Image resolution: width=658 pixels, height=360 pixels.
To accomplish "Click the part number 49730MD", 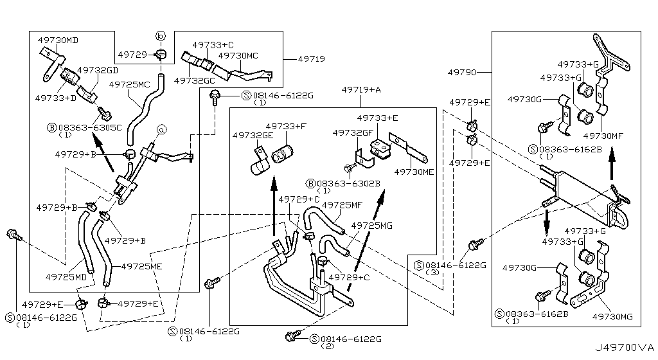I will pos(58,40).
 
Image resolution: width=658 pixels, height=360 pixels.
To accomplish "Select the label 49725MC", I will pos(129,84).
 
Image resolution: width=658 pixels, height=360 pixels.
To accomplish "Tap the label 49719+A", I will pos(361,90).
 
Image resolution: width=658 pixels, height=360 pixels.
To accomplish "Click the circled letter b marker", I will pos(161,35).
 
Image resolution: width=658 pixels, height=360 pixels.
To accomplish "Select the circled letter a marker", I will pos(161,130).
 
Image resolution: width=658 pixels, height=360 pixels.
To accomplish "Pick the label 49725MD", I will pos(66,277).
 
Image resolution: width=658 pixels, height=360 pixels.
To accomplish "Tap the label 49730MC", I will pos(238,56).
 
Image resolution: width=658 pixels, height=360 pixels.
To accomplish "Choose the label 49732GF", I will pos(353,132).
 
